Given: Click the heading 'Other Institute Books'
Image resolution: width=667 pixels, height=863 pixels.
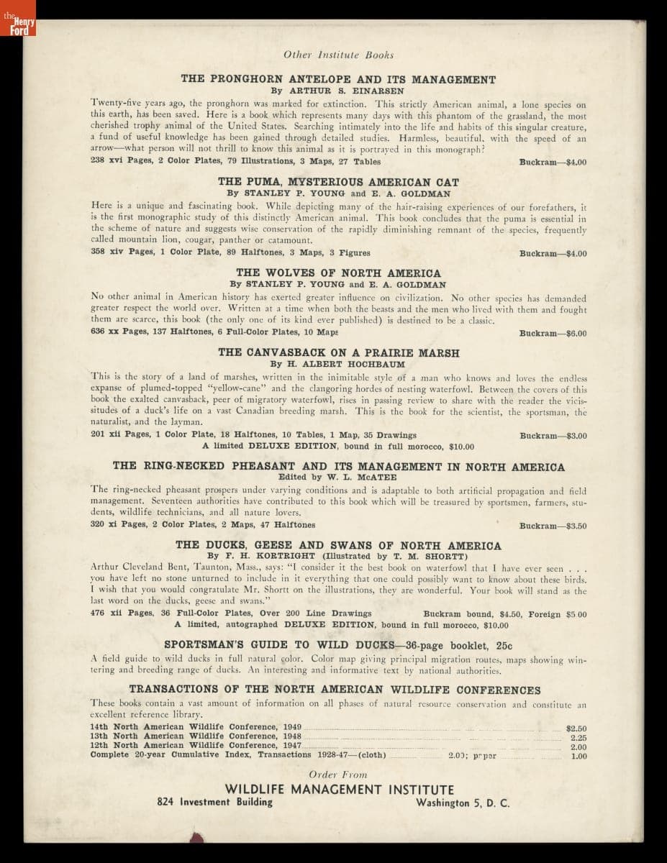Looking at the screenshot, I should (x=338, y=55).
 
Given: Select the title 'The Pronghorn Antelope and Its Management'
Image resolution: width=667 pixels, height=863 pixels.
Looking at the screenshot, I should (x=338, y=79).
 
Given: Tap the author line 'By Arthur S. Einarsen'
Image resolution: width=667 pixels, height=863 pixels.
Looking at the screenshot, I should (x=338, y=91).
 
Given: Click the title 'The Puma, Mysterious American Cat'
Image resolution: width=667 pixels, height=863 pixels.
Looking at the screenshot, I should (x=338, y=183).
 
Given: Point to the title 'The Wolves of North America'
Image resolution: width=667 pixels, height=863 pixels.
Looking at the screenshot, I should (x=338, y=273).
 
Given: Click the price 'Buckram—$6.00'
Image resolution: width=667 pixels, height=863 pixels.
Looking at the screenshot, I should (x=553, y=334).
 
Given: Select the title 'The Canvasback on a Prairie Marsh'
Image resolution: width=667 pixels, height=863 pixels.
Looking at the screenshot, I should (x=338, y=353).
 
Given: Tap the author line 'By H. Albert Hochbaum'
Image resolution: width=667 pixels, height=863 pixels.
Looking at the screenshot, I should (x=338, y=365).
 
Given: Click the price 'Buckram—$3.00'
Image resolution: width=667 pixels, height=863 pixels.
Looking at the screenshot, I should (x=553, y=436).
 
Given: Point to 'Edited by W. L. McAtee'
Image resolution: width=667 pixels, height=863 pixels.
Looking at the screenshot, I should (x=338, y=477).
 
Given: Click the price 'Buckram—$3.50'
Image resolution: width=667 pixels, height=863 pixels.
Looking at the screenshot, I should (x=553, y=526).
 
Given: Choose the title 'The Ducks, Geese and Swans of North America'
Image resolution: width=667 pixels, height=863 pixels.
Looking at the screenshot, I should (x=338, y=546).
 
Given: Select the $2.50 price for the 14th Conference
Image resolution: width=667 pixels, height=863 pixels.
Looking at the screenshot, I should (x=576, y=729).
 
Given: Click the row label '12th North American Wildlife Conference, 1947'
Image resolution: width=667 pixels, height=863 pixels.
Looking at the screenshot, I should (x=196, y=746).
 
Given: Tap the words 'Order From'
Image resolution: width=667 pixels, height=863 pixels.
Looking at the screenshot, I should (x=338, y=775).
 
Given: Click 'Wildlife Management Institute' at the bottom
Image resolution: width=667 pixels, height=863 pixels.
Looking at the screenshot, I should (x=339, y=790).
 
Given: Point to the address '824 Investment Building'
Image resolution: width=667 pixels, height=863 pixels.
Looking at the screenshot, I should (x=214, y=803).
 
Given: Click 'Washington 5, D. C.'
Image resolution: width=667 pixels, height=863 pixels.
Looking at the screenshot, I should (x=462, y=803).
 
